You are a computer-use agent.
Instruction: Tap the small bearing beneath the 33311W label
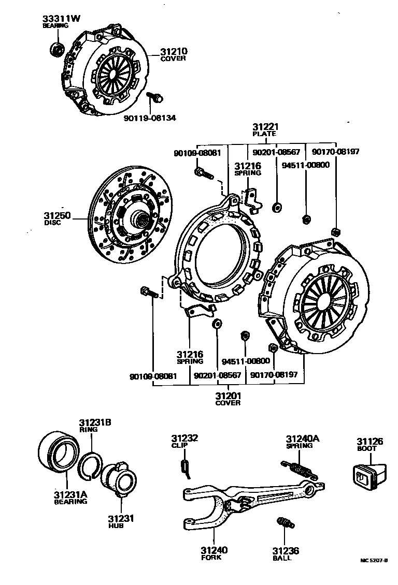pyautogui.click(x=55, y=49)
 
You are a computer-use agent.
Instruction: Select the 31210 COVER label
pyautogui.click(x=173, y=55)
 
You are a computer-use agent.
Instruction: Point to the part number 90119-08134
pyautogui.click(x=150, y=118)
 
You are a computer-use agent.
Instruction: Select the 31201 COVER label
pyautogui.click(x=228, y=399)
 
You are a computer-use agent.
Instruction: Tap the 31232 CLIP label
pyautogui.click(x=185, y=441)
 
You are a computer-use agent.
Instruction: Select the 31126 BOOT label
pyautogui.click(x=369, y=445)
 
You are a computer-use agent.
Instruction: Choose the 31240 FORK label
pyautogui.click(x=215, y=553)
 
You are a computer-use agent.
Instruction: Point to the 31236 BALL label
pyautogui.click(x=286, y=554)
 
